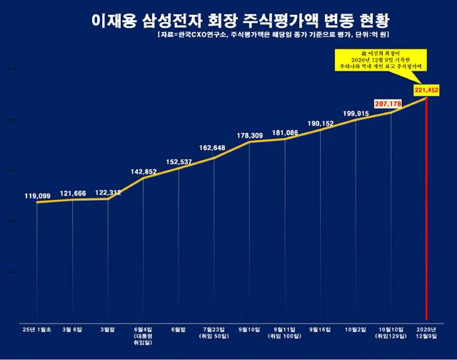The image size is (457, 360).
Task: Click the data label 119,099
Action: click(38, 194)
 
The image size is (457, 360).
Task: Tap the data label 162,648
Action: click(213, 149)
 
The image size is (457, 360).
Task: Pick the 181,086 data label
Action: click(285, 132)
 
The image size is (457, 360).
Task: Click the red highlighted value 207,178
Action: click(389, 104)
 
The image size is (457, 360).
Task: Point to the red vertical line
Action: click(426, 214)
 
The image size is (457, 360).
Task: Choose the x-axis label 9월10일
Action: click(249, 329)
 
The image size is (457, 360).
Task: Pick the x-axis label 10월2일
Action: click(356, 329)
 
